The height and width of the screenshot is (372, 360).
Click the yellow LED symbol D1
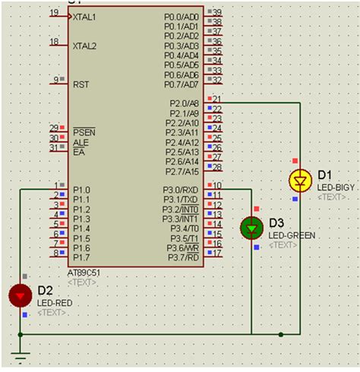point(302,180)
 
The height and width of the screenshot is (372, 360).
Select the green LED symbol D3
point(251,227)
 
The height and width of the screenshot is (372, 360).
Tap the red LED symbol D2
point(21,295)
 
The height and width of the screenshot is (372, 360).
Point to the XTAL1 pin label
point(85,17)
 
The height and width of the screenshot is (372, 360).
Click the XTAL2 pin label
point(85,46)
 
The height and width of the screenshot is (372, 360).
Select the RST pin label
point(81,85)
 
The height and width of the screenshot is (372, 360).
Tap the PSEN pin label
point(83,131)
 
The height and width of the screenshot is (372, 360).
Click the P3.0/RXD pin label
point(181,190)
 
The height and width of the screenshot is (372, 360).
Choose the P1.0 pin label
point(81,190)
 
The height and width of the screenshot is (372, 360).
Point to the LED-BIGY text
point(336,187)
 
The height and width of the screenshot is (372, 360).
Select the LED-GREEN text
point(292,235)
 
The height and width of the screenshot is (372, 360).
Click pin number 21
point(216,99)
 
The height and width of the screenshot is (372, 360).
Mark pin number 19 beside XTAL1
point(54,13)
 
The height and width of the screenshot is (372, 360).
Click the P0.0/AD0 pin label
point(182,16)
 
